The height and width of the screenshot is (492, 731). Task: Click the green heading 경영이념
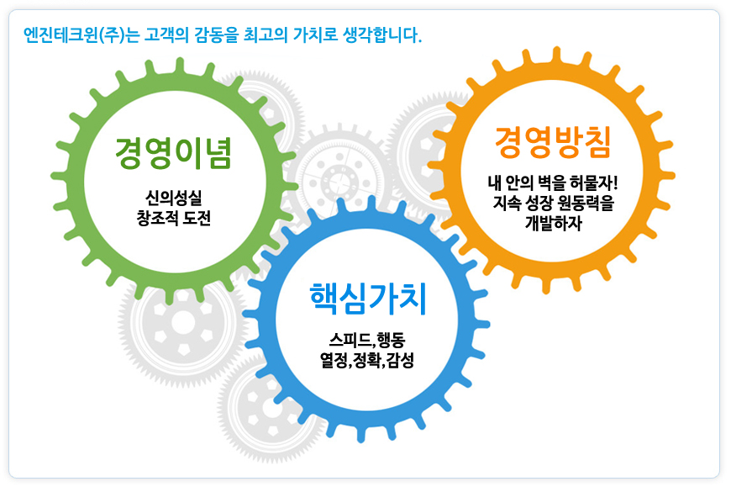tap(173, 152)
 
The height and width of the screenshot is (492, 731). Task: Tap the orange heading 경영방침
tap(552, 142)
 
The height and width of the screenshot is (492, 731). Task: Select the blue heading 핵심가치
tap(368, 299)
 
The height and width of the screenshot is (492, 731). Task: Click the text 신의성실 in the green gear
tap(173, 198)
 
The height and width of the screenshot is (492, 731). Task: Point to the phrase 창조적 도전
tap(173, 218)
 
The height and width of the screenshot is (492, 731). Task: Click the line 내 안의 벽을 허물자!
tap(553, 183)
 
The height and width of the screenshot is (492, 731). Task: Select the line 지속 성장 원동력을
tap(553, 203)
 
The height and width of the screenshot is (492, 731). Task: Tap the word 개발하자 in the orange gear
tap(554, 223)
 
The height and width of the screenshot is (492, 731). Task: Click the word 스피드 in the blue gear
tap(349, 340)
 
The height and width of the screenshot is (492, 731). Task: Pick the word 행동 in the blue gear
tap(391, 340)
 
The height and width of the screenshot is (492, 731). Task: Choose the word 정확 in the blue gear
tap(367, 360)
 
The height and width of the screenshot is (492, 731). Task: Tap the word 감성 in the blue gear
tap(401, 360)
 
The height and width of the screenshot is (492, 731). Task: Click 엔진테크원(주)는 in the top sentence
tap(82, 35)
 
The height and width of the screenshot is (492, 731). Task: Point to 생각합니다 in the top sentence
tap(380, 35)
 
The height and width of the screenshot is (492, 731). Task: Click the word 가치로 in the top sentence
tap(316, 35)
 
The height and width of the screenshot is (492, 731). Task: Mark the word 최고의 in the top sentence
tap(266, 35)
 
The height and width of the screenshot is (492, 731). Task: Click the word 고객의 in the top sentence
tap(166, 35)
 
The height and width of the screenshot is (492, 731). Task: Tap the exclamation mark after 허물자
tap(615, 182)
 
